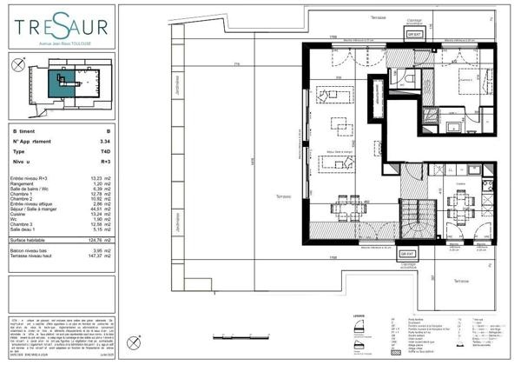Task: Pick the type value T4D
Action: (x=105, y=150)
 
